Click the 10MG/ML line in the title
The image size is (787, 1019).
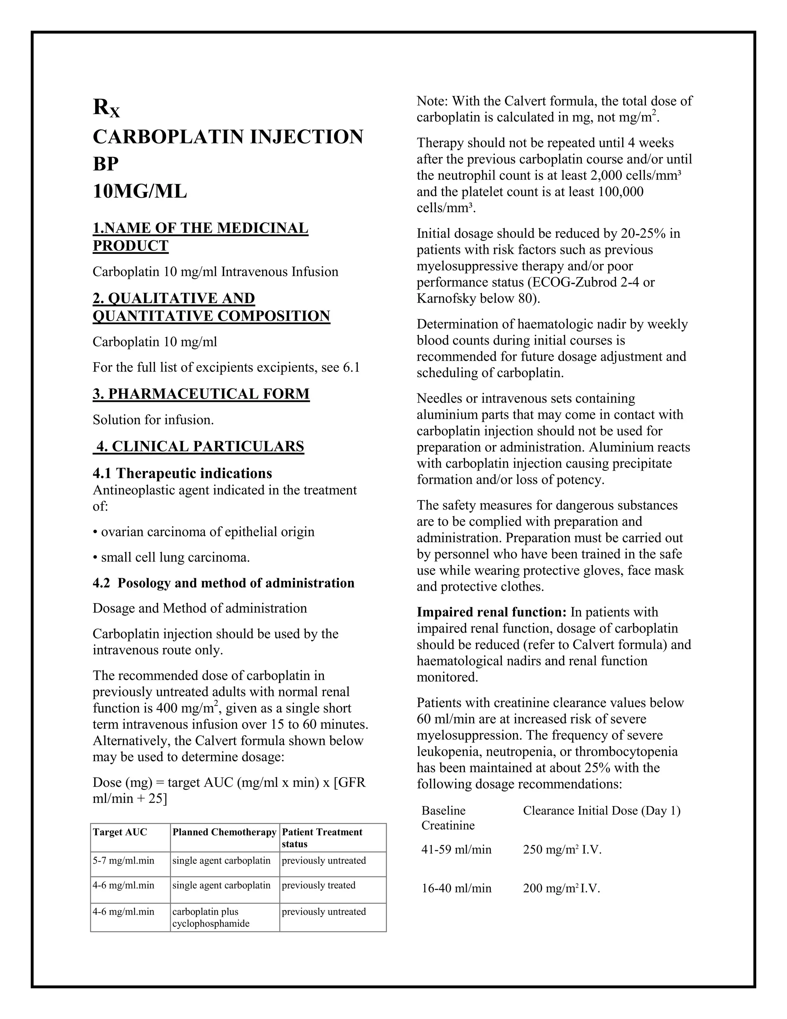(139, 191)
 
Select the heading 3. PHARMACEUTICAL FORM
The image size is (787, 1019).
(201, 394)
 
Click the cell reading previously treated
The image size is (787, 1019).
(319, 885)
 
